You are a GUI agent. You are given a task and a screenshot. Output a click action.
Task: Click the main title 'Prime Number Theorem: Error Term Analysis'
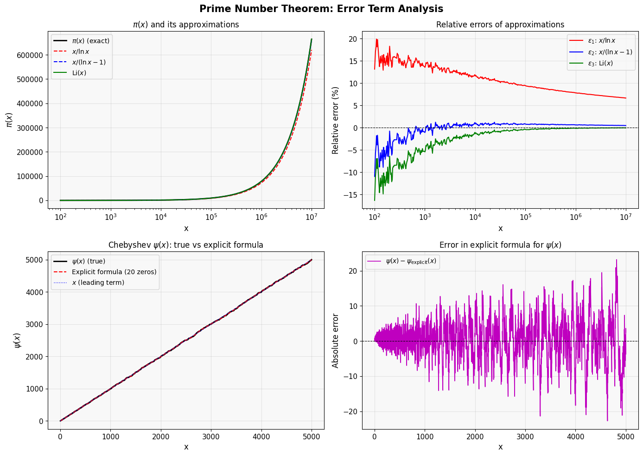click(x=321, y=9)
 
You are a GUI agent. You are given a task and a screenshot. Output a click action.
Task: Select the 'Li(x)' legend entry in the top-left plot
click(x=79, y=73)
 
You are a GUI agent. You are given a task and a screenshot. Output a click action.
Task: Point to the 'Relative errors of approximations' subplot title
click(x=500, y=25)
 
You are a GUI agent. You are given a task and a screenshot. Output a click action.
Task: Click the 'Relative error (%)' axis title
click(x=336, y=120)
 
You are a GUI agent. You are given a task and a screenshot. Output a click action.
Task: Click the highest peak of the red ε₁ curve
click(x=377, y=39)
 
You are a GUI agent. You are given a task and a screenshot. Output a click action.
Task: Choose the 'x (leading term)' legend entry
click(x=98, y=283)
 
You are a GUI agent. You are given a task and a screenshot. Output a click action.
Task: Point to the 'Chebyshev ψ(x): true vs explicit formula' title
click(x=186, y=245)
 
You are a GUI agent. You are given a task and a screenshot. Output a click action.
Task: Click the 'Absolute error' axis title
click(x=336, y=340)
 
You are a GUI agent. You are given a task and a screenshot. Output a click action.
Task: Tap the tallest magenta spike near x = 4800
click(x=617, y=260)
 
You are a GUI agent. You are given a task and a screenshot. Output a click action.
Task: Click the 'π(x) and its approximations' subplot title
click(x=186, y=25)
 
